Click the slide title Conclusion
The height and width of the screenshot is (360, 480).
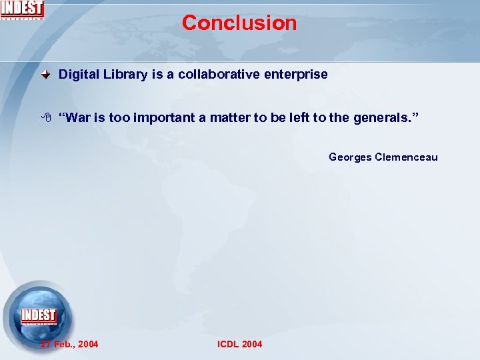pos(239,23)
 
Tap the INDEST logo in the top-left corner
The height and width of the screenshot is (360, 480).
pos(22,9)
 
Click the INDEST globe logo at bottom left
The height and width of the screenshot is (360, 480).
pos(38,316)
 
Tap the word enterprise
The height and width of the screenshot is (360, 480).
pos(296,75)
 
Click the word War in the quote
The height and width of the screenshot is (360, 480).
pos(77,118)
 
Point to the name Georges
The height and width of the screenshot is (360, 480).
pos(350,157)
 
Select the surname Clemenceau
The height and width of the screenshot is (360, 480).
pos(406,157)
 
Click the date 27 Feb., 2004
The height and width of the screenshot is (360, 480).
pos(69,344)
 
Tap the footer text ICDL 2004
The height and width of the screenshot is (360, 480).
pos(240,344)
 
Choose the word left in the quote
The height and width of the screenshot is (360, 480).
pos(298,118)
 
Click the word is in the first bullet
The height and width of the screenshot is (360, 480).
pos(157,75)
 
